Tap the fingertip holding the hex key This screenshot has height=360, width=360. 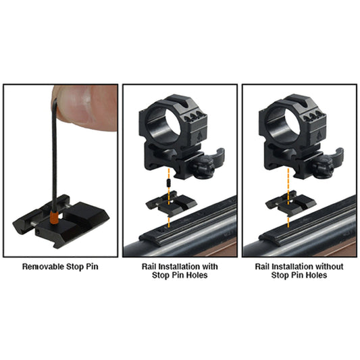(77, 108)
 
